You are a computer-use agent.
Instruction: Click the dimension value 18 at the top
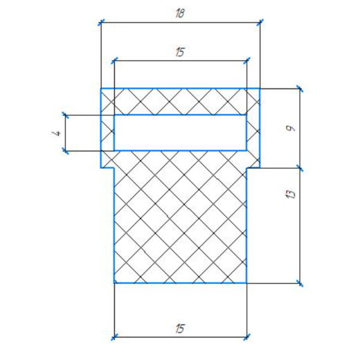click(180, 13)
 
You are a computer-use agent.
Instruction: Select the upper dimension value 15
click(180, 52)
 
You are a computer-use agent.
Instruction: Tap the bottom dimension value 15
click(180, 328)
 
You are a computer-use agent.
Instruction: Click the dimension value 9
click(291, 128)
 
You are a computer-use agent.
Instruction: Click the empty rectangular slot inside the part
click(180, 133)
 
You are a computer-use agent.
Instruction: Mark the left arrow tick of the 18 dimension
click(101, 22)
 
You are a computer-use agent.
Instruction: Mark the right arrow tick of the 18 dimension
click(260, 22)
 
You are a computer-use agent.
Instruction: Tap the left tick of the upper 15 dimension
click(114, 61)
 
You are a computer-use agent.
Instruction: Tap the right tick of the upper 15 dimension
click(246, 61)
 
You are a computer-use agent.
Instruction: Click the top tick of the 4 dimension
click(66, 115)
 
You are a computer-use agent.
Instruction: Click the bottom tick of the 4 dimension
click(66, 151)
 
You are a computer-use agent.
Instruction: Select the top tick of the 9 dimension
click(300, 89)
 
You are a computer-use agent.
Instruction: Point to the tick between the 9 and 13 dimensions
click(300, 168)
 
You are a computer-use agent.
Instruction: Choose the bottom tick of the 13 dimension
click(300, 283)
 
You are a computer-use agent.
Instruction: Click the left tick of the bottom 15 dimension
click(114, 337)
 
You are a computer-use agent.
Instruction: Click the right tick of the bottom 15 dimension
click(246, 337)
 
